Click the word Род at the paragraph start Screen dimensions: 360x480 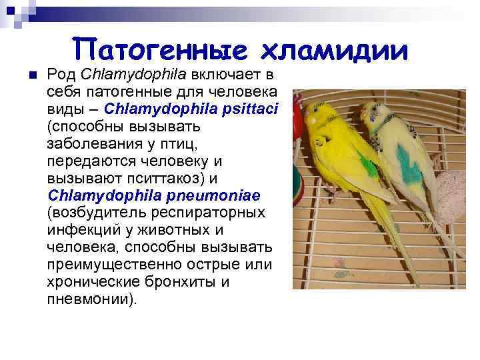[x=59, y=73]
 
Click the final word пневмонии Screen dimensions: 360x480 [x=90, y=299]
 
